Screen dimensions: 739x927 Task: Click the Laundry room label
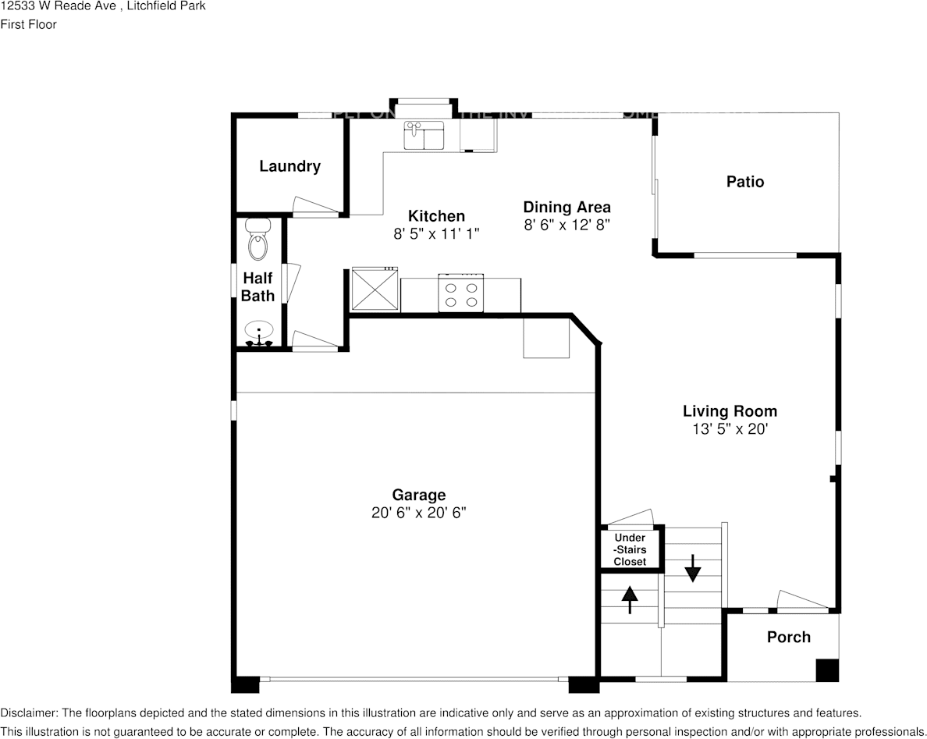[x=289, y=166]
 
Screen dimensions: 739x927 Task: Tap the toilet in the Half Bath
[x=257, y=240]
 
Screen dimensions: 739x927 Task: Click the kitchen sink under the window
[x=424, y=134]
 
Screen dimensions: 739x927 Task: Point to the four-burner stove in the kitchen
[x=460, y=294]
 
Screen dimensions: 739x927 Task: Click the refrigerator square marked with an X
[x=375, y=290]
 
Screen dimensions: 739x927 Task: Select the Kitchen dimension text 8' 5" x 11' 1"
[x=436, y=233]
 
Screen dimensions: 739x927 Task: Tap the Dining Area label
[x=566, y=208]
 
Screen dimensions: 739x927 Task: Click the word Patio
[x=745, y=182]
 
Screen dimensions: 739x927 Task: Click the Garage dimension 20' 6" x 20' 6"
[x=419, y=513]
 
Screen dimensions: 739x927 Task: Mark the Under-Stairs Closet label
[x=630, y=549]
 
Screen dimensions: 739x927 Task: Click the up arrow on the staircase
[x=630, y=599]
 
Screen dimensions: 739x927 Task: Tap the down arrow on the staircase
[x=692, y=567]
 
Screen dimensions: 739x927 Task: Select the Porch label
[x=788, y=638]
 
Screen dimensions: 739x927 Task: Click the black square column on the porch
[x=827, y=670]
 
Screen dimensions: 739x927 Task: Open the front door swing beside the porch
[x=801, y=601]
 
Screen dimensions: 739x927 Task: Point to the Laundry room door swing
[x=315, y=205]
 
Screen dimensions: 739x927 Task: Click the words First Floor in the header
[x=28, y=24]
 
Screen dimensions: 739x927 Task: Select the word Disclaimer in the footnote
[x=28, y=713]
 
